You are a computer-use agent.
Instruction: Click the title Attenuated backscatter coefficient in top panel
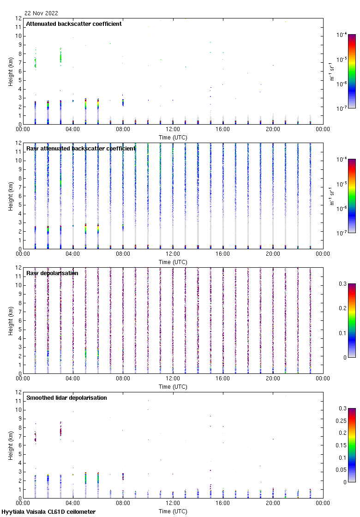tap(74, 24)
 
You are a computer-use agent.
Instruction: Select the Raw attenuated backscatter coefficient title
tap(81, 149)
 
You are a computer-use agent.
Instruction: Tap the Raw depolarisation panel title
tap(52, 273)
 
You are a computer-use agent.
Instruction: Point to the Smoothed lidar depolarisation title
tap(66, 398)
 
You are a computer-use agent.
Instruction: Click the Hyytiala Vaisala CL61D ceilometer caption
tap(48, 512)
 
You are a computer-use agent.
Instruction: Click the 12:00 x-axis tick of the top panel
tap(173, 130)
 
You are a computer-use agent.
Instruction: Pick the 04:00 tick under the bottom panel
tap(72, 504)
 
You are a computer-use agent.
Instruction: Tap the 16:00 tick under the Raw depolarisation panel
tap(223, 379)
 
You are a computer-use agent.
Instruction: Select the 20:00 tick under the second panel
tap(273, 254)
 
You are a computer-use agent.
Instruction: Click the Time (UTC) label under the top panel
tap(173, 137)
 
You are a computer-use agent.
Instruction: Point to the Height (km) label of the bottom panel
tap(10, 445)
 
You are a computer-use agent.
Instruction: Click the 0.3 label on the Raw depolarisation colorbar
tap(342, 284)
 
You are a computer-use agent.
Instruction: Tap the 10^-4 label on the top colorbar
tap(342, 35)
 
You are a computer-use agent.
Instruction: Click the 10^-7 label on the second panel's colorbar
tap(342, 233)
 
